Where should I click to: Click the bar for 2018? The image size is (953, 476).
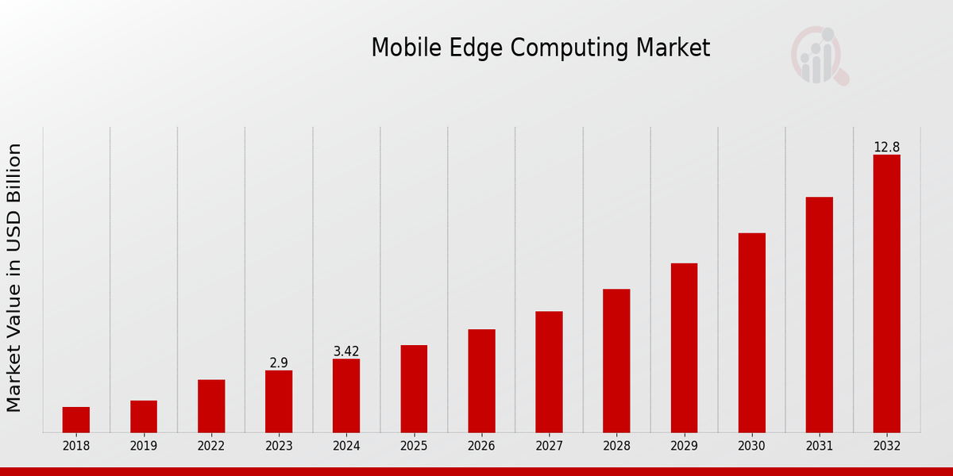point(76,420)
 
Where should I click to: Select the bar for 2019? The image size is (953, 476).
point(144,416)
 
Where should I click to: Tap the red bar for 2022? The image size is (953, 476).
point(211,406)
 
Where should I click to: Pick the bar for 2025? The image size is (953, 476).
point(414,389)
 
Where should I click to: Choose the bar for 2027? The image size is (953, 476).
point(549,372)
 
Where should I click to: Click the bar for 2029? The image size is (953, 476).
point(684,347)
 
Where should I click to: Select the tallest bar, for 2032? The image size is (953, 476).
point(886,294)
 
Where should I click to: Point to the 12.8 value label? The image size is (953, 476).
point(886,148)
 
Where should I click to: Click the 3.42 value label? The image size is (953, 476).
point(346,351)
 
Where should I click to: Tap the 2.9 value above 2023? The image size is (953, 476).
point(279,363)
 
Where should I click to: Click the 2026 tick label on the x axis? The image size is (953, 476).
point(481,447)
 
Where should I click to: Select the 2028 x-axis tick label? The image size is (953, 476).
point(616,447)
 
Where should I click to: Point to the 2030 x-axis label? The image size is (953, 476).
point(751,447)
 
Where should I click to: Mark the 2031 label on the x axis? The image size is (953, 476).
point(819,447)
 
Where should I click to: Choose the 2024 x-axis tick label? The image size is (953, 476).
point(346,447)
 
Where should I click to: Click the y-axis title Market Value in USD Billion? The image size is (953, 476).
point(14,278)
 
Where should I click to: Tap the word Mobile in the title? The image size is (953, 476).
point(399,48)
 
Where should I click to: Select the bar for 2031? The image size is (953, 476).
point(819,315)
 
